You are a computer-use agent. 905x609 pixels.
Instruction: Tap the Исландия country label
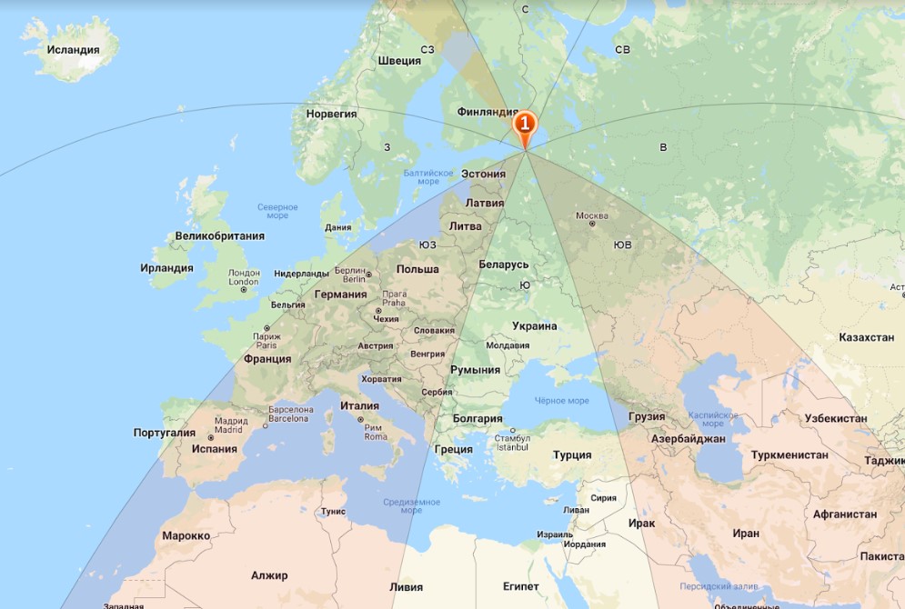(73, 50)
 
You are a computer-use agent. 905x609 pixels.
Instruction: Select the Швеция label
(399, 61)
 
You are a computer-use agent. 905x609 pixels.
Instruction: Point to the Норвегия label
(331, 115)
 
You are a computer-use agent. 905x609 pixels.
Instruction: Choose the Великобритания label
(220, 235)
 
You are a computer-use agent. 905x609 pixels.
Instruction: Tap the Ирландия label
(166, 268)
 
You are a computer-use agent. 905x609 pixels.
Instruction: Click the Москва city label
(591, 216)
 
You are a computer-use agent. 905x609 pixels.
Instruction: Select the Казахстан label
(867, 337)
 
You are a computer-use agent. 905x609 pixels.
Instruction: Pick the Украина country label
(534, 326)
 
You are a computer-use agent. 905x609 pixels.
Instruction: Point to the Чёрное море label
(561, 401)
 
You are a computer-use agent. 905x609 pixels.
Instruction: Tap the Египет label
(521, 586)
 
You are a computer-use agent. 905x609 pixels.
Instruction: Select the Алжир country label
(269, 575)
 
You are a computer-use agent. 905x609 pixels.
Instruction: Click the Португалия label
(164, 433)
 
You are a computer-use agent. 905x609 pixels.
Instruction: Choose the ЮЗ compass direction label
(427, 245)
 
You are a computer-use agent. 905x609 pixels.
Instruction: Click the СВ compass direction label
(622, 50)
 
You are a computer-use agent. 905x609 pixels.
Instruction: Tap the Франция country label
(267, 359)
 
